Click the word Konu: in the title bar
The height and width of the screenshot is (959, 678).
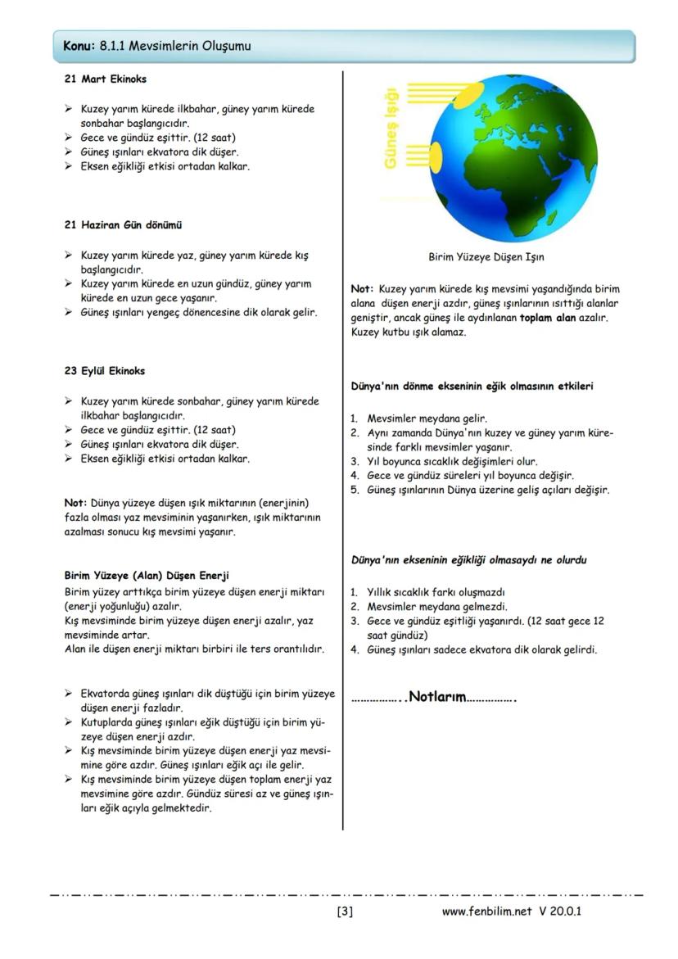[79, 47]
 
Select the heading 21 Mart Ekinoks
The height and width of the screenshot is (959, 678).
[106, 79]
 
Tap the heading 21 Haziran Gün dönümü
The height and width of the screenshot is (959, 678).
[123, 224]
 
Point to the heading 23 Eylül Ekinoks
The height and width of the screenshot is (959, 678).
[105, 371]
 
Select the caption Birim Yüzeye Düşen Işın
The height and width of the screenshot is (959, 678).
[486, 257]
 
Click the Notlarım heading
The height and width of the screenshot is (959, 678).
[436, 698]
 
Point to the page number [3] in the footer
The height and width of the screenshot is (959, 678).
[345, 912]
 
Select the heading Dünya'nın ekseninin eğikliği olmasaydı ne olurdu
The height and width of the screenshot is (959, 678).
[468, 560]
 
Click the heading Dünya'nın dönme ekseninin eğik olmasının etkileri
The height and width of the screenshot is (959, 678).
[472, 386]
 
